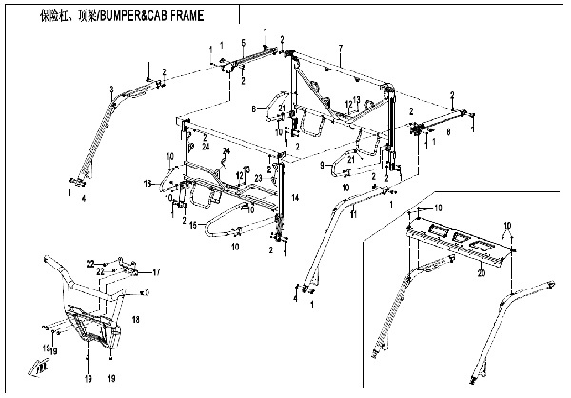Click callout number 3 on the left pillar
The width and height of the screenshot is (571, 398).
point(111,89)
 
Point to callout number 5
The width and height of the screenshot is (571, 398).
point(245,44)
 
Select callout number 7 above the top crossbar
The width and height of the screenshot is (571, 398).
point(340,48)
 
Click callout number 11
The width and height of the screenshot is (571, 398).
point(353,217)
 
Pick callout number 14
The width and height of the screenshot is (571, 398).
point(295,196)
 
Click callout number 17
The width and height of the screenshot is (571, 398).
point(157,272)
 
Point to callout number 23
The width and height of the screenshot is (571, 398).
point(259,178)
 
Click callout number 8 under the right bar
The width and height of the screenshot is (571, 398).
point(447,134)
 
